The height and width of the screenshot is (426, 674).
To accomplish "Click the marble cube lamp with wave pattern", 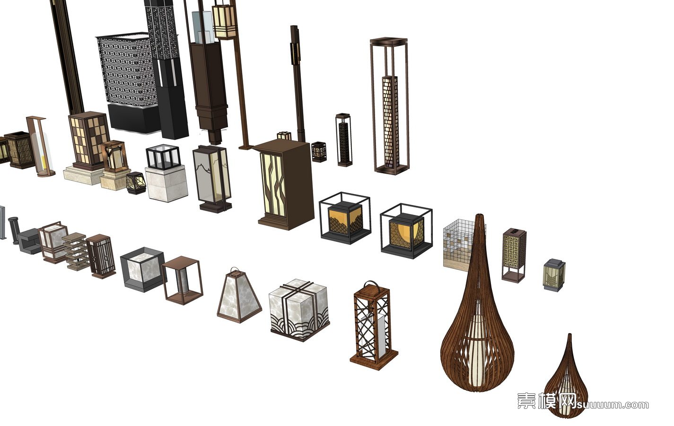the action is pyautogui.click(x=299, y=310).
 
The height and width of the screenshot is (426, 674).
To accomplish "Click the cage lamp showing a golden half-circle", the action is pyautogui.click(x=406, y=231).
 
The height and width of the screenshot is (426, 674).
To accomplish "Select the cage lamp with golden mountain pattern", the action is pyautogui.click(x=345, y=218).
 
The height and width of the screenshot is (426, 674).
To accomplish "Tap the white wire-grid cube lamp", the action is pyautogui.click(x=458, y=244).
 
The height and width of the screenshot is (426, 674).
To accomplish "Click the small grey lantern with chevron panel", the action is pyautogui.click(x=554, y=275).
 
